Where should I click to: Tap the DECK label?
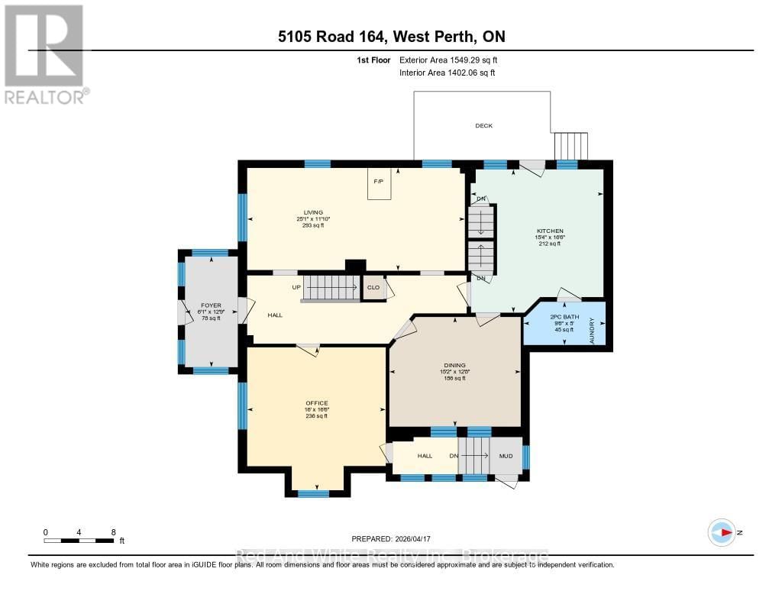[483, 125]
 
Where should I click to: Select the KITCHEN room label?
[550, 231]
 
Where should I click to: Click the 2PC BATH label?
[564, 316]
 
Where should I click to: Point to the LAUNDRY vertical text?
[592, 331]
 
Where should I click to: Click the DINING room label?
[455, 366]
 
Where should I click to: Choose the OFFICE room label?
[317, 402]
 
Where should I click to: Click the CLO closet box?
[373, 288]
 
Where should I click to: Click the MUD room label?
[506, 456]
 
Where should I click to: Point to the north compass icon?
[722, 533]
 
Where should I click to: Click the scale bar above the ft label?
[79, 541]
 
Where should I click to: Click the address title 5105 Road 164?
[391, 36]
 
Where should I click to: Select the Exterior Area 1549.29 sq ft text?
[449, 60]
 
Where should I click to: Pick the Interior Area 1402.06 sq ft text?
[448, 73]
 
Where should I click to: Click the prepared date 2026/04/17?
[396, 538]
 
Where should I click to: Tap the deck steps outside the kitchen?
[570, 145]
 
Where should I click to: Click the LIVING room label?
[312, 212]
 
